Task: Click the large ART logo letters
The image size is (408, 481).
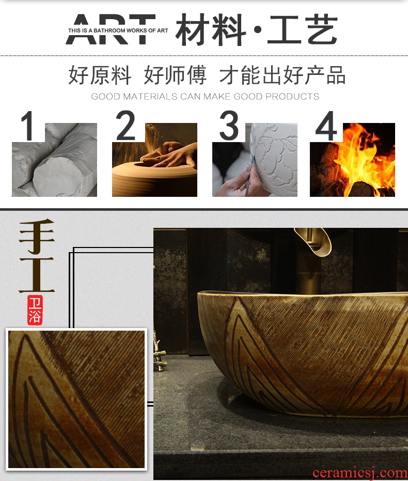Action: (111, 29)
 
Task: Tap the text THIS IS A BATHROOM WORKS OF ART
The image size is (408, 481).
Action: (118, 30)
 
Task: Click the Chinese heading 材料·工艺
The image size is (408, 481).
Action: (257, 29)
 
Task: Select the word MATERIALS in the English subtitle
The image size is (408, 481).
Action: (150, 97)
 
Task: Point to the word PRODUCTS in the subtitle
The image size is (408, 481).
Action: (292, 97)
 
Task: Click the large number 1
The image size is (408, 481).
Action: (28, 126)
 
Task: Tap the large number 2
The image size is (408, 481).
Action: (125, 126)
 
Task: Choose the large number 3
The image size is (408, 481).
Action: (229, 126)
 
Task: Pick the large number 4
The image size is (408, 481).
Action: (326, 126)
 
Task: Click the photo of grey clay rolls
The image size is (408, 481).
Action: (55, 160)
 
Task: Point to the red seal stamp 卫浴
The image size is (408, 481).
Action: (35, 310)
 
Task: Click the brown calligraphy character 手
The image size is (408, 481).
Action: (37, 236)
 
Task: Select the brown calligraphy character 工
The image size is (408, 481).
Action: (37, 274)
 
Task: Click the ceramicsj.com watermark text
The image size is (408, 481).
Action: (360, 472)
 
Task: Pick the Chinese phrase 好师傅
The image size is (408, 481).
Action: (175, 75)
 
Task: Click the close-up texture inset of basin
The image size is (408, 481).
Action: (76, 399)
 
